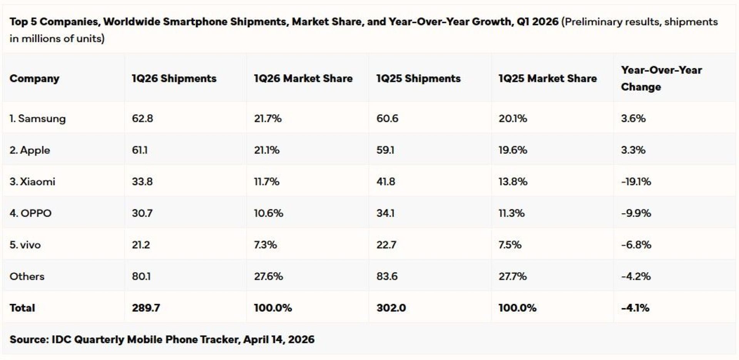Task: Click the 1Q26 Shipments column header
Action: [x=174, y=79]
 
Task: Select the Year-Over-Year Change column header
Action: [x=661, y=79]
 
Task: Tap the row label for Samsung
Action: [x=38, y=118]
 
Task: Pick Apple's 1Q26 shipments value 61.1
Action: [x=139, y=150]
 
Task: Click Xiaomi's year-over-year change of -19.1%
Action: [x=636, y=181]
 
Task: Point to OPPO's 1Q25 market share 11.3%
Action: [x=512, y=213]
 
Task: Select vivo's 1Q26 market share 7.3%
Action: [x=265, y=244]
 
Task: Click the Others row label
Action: [x=27, y=276]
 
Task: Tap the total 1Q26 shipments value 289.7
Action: [x=146, y=308]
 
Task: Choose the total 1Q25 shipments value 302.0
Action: [x=391, y=308]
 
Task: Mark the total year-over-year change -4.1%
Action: [x=635, y=308]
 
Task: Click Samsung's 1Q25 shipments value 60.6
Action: [x=387, y=118]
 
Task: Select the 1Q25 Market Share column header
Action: [x=548, y=79]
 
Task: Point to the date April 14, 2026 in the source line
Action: [x=279, y=339]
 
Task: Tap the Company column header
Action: [x=34, y=79]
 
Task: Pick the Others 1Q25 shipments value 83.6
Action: [x=387, y=276]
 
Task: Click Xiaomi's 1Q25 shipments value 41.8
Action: [x=386, y=181]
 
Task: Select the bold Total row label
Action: [x=22, y=308]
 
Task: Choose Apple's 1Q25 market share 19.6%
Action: [x=513, y=150]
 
